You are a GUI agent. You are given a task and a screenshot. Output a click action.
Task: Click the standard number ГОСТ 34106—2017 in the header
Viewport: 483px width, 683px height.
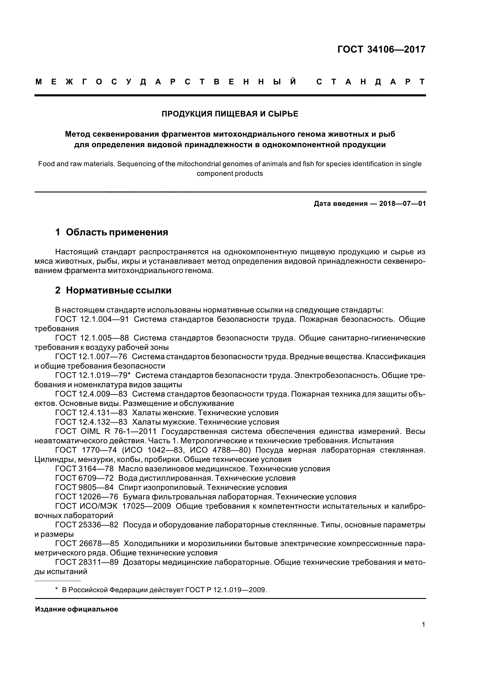381,49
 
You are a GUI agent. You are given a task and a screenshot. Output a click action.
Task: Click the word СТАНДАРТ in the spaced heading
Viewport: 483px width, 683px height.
371,82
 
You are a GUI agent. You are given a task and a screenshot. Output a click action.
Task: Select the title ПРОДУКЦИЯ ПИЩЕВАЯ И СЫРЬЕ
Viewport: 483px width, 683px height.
230,114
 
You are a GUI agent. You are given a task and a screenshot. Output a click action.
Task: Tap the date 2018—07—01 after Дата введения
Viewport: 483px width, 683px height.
402,204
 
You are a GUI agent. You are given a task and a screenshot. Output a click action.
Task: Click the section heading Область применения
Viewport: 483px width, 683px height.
117,232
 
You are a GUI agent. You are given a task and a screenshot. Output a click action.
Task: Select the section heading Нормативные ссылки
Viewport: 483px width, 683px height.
118,290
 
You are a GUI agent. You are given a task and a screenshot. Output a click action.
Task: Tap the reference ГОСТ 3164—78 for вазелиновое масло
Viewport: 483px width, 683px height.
84,469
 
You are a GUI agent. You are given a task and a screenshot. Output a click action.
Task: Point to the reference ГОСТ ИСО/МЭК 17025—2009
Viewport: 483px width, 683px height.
113,506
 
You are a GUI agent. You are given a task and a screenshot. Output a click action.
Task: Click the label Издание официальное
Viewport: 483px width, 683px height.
77,609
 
